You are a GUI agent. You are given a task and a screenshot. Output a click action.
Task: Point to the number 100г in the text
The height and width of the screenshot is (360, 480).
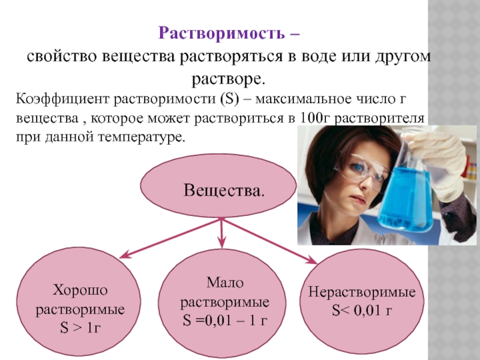click(315, 118)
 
